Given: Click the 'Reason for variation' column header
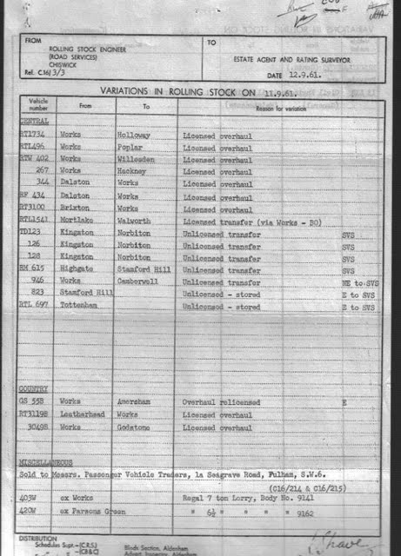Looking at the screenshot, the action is [281, 105].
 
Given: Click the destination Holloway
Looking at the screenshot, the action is [134, 136].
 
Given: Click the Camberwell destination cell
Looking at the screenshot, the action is [138, 282].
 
